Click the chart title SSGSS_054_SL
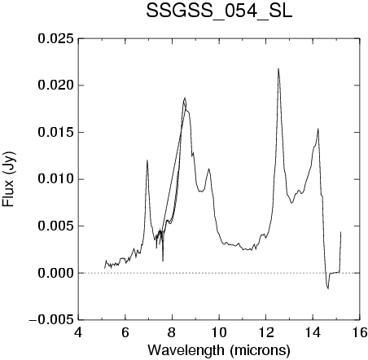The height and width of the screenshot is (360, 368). tap(219, 11)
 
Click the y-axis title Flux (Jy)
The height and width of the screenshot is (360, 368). tap(8, 179)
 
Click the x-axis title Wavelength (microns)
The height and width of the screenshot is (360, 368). tap(219, 350)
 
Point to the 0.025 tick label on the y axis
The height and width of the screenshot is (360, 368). tap(55, 39)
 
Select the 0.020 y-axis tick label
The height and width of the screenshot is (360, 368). tap(55, 86)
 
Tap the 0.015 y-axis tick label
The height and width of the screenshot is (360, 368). tap(55, 133)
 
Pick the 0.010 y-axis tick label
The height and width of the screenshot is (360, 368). tap(55, 179)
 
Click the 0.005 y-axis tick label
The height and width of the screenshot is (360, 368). tap(55, 226)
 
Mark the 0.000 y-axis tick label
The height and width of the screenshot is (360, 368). tap(55, 273)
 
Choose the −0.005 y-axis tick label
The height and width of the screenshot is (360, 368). tap(51, 320)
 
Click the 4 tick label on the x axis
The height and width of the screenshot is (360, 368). tap(78, 332)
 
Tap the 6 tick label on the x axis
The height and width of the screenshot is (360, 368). tap(125, 332)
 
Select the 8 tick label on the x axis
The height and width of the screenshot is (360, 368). tap(172, 332)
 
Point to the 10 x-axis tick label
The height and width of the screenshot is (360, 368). tap(219, 332)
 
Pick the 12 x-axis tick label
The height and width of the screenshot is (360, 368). tap(266, 332)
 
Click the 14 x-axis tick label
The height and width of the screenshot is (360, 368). tap(313, 332)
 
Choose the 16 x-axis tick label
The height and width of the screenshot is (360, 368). tap(360, 332)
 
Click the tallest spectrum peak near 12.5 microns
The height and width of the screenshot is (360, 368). tap(278, 68)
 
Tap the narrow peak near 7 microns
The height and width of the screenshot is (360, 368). tap(147, 160)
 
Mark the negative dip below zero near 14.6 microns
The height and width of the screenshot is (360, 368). tap(328, 288)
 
